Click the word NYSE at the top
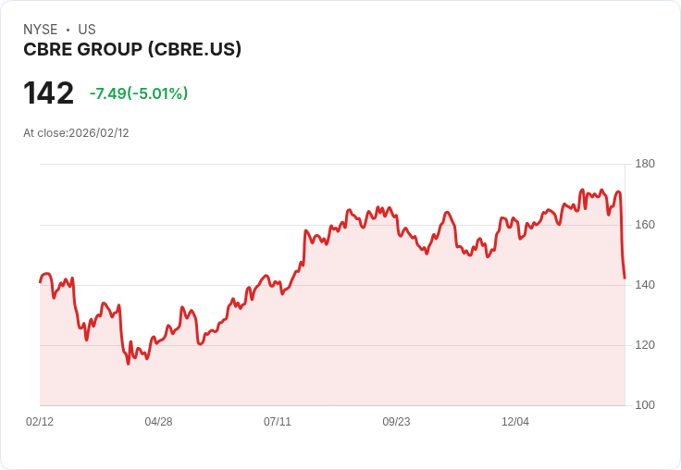point(41,30)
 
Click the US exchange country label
point(87,30)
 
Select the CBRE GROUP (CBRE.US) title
point(132,49)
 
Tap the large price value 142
point(48,93)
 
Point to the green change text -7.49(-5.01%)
point(139,93)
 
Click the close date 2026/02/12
point(99,132)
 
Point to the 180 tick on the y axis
point(645,164)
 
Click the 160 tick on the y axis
point(645,224)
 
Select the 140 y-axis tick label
point(645,284)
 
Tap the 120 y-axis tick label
point(645,344)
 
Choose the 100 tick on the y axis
point(645,404)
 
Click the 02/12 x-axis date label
point(40,421)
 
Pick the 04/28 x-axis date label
point(158,421)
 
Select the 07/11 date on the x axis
point(278,421)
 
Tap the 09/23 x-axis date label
point(396,421)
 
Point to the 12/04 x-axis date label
point(515,421)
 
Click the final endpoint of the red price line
point(625,278)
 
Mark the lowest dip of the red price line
point(129,364)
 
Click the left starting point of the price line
point(40,281)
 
